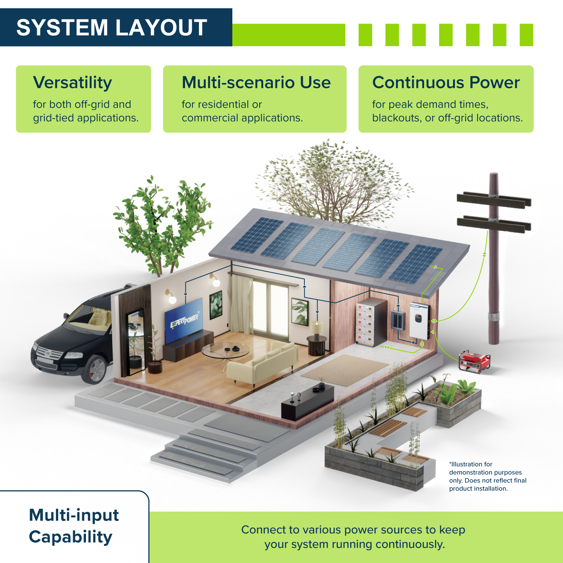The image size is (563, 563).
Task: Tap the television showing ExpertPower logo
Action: [x=184, y=321]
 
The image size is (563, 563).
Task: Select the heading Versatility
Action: [x=72, y=83]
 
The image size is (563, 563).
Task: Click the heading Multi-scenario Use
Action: [x=256, y=83]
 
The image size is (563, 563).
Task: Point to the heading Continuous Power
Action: [x=446, y=83]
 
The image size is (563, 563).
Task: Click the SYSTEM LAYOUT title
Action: [x=112, y=27]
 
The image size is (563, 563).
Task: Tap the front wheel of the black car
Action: [x=96, y=369]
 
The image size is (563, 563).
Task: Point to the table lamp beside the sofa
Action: [x=317, y=327]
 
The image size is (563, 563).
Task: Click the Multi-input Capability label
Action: [x=74, y=525]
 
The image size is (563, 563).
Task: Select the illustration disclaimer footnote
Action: [x=487, y=476]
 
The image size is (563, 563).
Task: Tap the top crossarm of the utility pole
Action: [x=494, y=199]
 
